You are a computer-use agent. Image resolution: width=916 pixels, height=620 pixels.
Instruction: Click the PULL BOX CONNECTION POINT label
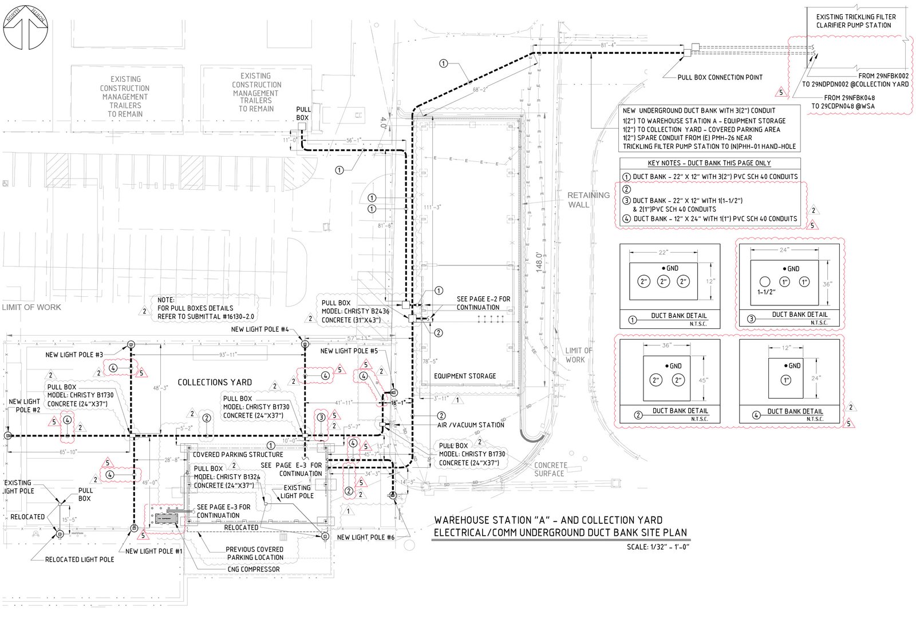pos(720,77)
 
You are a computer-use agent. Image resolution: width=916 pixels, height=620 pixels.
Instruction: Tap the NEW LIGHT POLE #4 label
pos(260,329)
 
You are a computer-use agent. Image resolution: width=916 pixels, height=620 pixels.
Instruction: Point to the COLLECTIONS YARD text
pos(215,382)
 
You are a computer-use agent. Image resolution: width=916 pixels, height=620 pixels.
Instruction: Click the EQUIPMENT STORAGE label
pos(465,376)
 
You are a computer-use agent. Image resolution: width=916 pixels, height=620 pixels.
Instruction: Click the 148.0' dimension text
pos(539,264)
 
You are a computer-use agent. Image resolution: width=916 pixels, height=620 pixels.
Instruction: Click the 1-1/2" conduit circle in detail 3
pos(765,281)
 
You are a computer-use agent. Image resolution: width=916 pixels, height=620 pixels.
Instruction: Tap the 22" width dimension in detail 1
pos(663,252)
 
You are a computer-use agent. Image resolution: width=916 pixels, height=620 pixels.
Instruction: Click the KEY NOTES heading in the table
pos(709,164)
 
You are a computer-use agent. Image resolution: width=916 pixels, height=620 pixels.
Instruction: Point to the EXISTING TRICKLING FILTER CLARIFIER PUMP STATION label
pos(856,21)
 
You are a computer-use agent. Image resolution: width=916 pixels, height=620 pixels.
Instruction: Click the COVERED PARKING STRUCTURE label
pos(238,455)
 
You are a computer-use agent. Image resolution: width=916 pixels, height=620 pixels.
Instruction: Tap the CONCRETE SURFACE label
pos(550,470)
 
